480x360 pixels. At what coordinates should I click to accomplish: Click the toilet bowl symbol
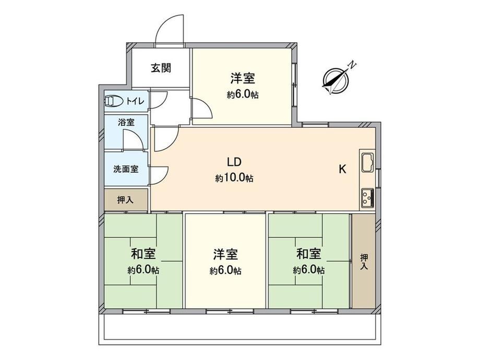pos(114,100)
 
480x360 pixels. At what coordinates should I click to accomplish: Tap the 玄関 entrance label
pos(161,68)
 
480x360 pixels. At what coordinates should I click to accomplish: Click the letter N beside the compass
pos(353,65)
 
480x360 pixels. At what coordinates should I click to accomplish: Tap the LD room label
pos(234,162)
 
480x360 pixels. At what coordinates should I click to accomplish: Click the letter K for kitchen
pos(342,169)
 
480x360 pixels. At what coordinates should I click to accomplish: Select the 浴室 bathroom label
pos(126,123)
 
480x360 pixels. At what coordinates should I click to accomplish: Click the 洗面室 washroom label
pos(126,169)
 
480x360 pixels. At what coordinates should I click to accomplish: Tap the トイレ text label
pos(135,101)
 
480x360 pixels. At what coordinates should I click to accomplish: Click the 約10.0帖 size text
pos(234,178)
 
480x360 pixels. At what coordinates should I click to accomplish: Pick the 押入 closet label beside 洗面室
pos(126,200)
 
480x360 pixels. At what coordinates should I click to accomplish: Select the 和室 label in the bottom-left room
pos(143,254)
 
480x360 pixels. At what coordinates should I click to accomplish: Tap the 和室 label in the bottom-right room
pos(309,254)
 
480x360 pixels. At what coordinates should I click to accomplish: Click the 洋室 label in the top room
pos(243,78)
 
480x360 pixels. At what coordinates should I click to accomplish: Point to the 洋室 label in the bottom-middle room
pos(225,255)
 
